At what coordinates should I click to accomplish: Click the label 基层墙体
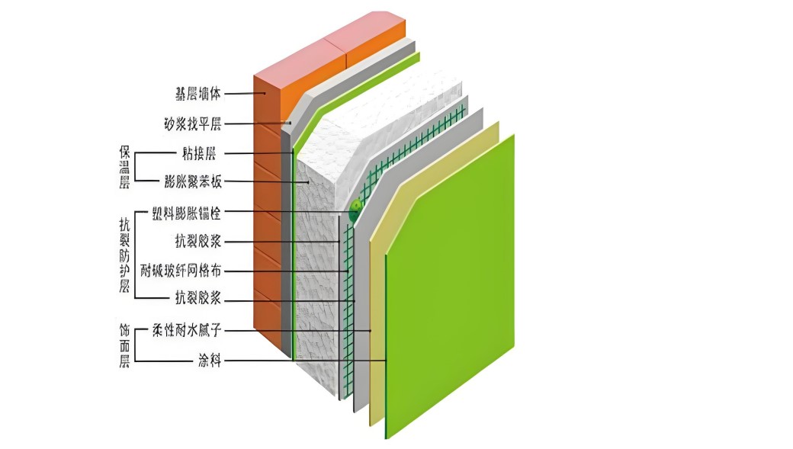[x=196, y=94]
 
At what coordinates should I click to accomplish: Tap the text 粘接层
[x=200, y=153]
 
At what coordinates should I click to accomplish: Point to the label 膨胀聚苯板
[x=192, y=181]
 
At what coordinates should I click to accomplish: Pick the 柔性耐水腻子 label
[x=187, y=330]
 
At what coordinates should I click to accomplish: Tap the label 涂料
[x=209, y=360]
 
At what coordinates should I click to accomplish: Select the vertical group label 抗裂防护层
[x=124, y=255]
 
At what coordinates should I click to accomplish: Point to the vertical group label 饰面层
[x=124, y=345]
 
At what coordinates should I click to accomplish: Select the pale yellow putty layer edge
[x=377, y=320]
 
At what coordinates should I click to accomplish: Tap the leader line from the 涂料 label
[x=305, y=360]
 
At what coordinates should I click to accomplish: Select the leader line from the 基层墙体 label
[x=244, y=94]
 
